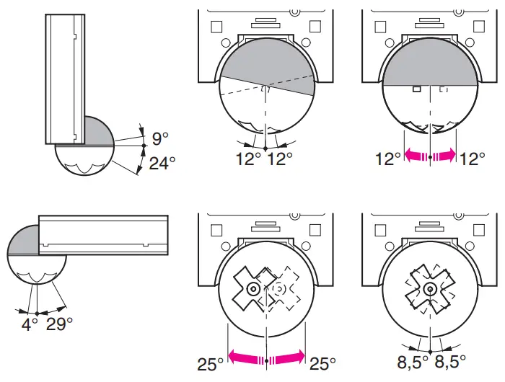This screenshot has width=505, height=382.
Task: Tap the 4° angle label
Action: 29,324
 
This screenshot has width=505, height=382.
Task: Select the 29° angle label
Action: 60,324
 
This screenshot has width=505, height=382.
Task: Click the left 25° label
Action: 211,363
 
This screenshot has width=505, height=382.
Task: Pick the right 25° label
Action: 323,363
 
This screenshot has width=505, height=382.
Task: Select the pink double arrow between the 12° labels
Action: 430,155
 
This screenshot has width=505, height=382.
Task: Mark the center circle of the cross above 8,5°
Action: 429,288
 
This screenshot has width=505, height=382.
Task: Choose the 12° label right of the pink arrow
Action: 473,159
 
